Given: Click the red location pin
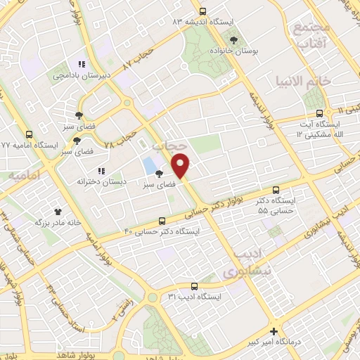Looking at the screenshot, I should tap(182, 165).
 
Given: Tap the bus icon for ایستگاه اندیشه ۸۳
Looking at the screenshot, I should tap(202, 11).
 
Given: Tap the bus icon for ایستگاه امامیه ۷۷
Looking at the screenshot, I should tap(29, 134).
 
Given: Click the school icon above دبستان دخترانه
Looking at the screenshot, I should tap(102, 170).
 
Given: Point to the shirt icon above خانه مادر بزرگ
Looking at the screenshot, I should tap(58, 210).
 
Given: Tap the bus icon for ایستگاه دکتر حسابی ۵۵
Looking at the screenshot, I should tap(276, 189).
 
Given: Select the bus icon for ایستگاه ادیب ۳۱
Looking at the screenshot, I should tap(195, 285).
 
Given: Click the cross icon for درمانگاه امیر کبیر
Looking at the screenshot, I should tap(274, 331).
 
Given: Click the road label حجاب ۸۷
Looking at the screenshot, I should tap(139, 54).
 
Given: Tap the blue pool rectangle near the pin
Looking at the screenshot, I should tap(149, 166).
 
